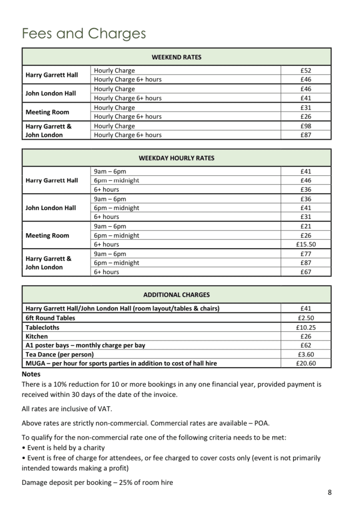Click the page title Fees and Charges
[x=84, y=34]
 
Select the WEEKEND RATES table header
[x=176, y=57]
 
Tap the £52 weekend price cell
[x=306, y=70]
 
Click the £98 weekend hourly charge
[x=306, y=126]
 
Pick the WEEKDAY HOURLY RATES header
[x=176, y=158]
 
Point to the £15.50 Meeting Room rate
[x=306, y=244]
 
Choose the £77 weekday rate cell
[x=306, y=254]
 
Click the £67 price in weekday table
[x=306, y=272]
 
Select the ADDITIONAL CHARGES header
[x=176, y=295]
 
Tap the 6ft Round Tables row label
[x=50, y=318]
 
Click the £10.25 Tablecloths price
[x=306, y=327]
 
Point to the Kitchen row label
[x=37, y=336]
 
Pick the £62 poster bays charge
[x=306, y=345]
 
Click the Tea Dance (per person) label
[x=60, y=354]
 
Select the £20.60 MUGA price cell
[x=306, y=364]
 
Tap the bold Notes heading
[x=31, y=374]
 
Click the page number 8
[x=330, y=492]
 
